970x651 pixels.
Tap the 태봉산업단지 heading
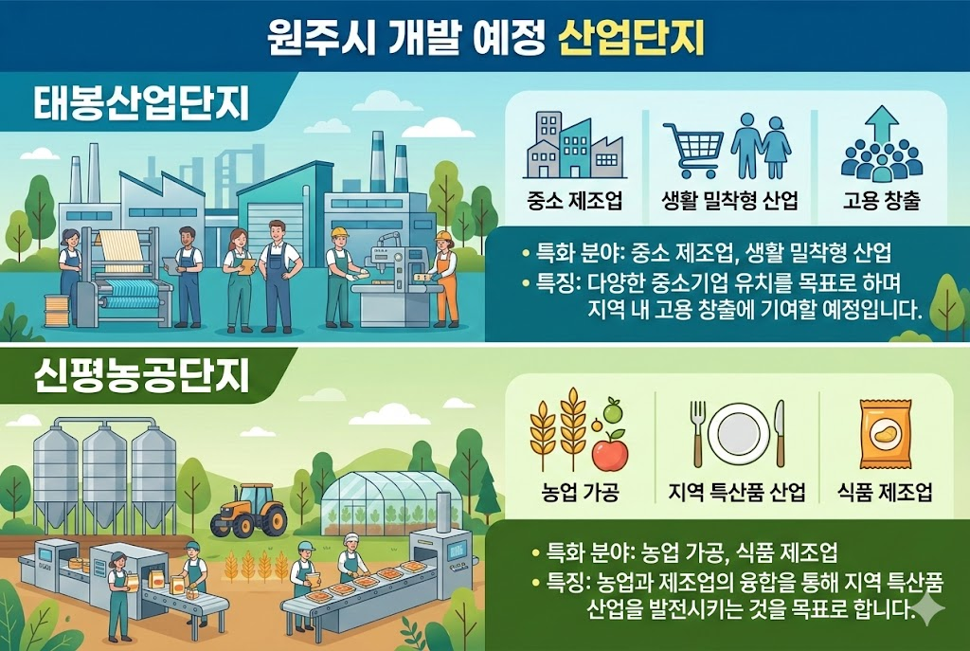coord(141,104)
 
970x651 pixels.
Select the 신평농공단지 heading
coord(141,377)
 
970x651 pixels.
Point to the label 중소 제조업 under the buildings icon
coord(571,201)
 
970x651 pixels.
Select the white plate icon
coord(739,434)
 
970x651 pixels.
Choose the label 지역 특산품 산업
coord(737,493)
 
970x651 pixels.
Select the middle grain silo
coord(105,474)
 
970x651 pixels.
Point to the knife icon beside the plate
coord(780,432)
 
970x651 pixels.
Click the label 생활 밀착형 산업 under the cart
coord(729,201)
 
